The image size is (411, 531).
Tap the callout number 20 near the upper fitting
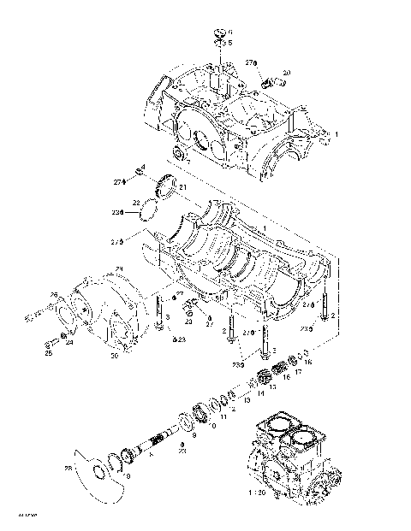tap(285, 72)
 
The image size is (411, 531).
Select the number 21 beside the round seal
tap(182, 186)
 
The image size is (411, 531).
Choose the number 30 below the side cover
tap(114, 356)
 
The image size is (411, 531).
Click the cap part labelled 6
tap(219, 34)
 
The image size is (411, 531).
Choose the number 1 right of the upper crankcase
tap(337, 134)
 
